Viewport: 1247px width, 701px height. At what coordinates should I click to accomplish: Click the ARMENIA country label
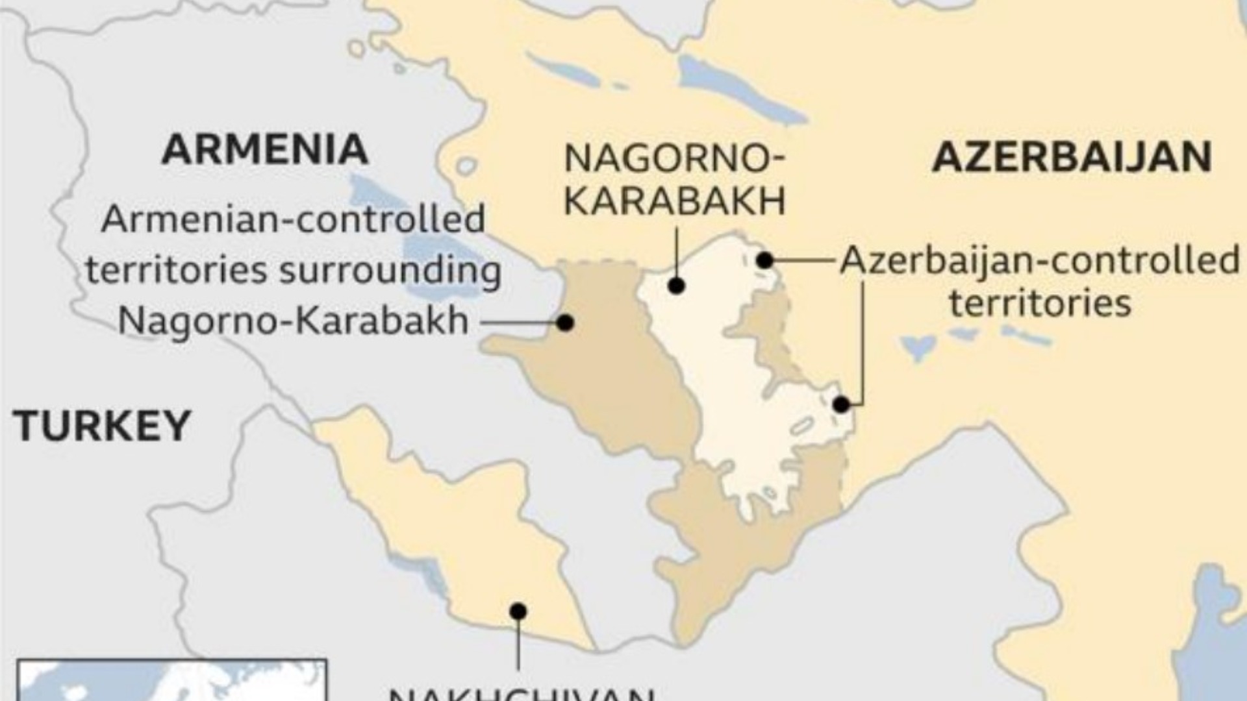click(x=265, y=149)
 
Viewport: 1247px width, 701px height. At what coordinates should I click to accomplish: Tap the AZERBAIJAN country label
click(x=1072, y=157)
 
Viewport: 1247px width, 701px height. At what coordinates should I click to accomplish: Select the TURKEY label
click(x=102, y=426)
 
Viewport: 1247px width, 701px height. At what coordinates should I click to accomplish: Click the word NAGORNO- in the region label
click(x=674, y=158)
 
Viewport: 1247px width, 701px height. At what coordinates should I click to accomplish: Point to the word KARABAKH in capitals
click(x=674, y=200)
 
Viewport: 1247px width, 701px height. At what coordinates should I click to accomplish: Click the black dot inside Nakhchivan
click(x=518, y=611)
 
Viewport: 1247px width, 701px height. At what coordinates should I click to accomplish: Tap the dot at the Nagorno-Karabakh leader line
click(x=677, y=286)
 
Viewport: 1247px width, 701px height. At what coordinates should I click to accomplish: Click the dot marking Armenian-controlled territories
click(x=565, y=323)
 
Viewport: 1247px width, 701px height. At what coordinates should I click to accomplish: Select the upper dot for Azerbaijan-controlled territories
click(x=765, y=260)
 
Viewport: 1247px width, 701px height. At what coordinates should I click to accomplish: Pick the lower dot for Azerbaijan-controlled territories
click(x=841, y=404)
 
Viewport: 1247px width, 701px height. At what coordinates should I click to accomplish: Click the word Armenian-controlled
click(x=293, y=219)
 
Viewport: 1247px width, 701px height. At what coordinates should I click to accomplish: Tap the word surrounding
click(x=390, y=270)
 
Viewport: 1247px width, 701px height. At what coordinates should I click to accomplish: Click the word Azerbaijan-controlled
click(x=1039, y=261)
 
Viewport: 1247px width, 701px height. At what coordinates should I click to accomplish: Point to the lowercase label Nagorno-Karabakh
click(x=293, y=320)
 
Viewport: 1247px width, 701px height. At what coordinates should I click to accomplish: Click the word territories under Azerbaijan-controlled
click(x=1040, y=302)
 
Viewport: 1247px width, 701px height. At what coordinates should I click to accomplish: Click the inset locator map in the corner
click(x=172, y=680)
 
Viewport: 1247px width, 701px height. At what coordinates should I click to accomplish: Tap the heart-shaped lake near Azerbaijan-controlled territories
click(x=917, y=347)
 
